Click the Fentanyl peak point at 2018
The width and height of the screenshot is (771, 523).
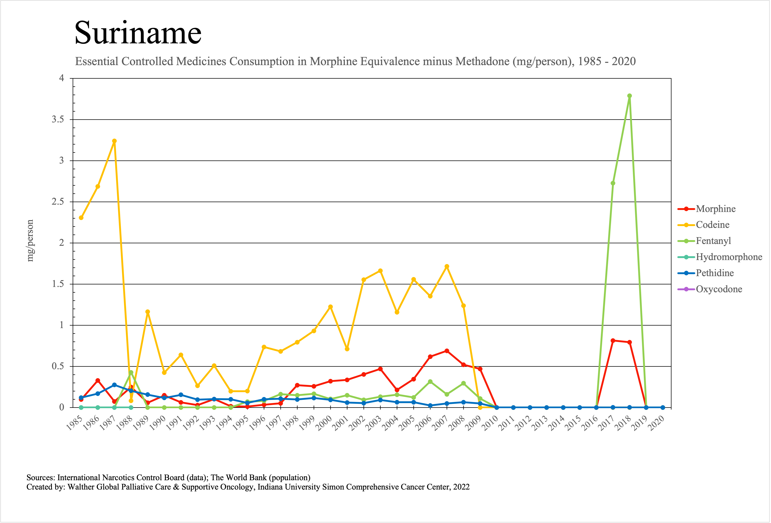coord(629,96)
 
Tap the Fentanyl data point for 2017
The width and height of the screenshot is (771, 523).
coord(613,183)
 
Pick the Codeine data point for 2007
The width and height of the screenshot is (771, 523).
coord(447,266)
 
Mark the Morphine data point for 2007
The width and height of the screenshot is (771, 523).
coord(447,351)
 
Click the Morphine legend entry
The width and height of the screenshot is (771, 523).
coord(716,209)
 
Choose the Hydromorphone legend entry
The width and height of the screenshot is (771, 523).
coord(729,257)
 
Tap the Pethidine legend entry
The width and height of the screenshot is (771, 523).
coord(715,273)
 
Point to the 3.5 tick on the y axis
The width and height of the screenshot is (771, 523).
coord(58,120)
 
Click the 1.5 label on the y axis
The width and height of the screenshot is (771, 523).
coord(58,284)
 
